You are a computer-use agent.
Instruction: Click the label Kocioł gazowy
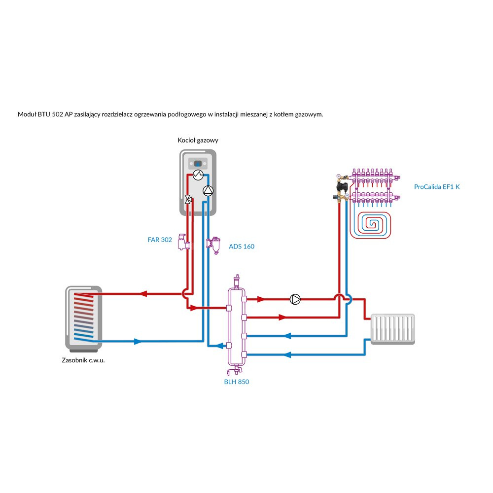pyautogui.click(x=198, y=141)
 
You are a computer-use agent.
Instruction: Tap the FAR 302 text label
pyautogui.click(x=160, y=240)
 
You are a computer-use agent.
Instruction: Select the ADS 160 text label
pyautogui.click(x=242, y=246)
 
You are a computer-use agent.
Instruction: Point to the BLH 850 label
pyautogui.click(x=237, y=382)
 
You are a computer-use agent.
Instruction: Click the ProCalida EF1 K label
pyautogui.click(x=437, y=187)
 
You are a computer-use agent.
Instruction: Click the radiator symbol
pyautogui.click(x=392, y=329)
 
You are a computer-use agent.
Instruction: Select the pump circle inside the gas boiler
pyautogui.click(x=208, y=191)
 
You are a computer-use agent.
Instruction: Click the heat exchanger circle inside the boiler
pyautogui.click(x=197, y=174)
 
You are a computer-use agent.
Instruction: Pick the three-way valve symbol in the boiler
pyautogui.click(x=188, y=200)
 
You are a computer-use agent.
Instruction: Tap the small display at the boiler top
pyautogui.click(x=198, y=163)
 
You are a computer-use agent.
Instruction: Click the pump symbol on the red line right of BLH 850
pyautogui.click(x=295, y=299)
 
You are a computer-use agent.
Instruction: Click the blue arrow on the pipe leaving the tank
pyautogui.click(x=138, y=341)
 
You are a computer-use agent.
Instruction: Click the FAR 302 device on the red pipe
pyautogui.click(x=183, y=242)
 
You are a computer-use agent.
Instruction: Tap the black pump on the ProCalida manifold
pyautogui.click(x=344, y=186)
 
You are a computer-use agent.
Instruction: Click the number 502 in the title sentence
pyautogui.click(x=58, y=114)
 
